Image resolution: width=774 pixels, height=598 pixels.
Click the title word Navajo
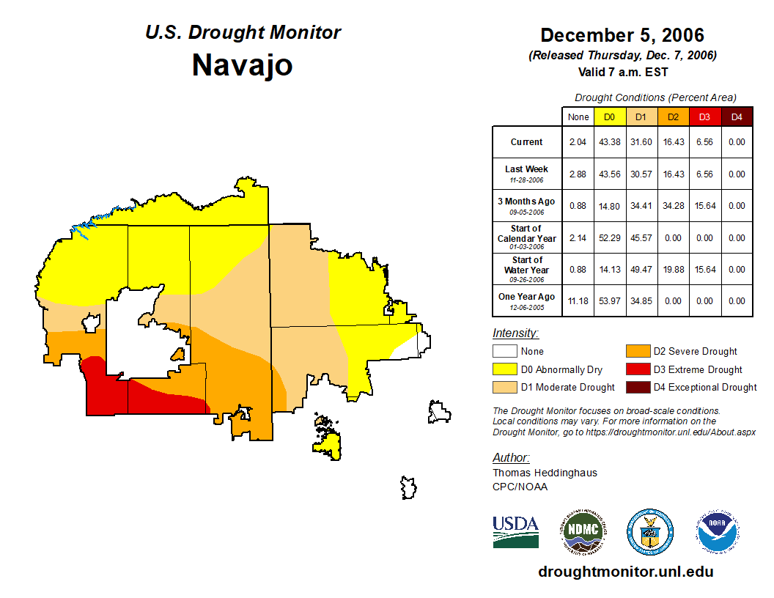242,65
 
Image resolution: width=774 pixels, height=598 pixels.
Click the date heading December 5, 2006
622,35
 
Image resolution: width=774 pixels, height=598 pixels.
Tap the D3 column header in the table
704,117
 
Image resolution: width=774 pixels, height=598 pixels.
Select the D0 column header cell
609,117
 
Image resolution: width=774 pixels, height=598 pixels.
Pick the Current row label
527,142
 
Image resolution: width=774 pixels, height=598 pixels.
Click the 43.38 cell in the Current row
609,142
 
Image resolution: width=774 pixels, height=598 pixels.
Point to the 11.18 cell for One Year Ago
578,300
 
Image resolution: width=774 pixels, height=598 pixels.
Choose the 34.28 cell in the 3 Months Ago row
673,206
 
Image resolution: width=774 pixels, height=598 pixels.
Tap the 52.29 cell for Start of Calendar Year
609,238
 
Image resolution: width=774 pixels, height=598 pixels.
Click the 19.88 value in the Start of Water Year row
673,270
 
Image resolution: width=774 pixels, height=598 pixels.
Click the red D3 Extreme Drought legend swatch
637,369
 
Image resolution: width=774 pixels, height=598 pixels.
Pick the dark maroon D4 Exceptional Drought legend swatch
637,387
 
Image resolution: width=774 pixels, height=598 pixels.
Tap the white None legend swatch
504,352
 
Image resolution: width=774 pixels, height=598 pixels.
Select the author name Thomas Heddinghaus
545,473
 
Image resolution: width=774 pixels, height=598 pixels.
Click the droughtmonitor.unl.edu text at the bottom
625,572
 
